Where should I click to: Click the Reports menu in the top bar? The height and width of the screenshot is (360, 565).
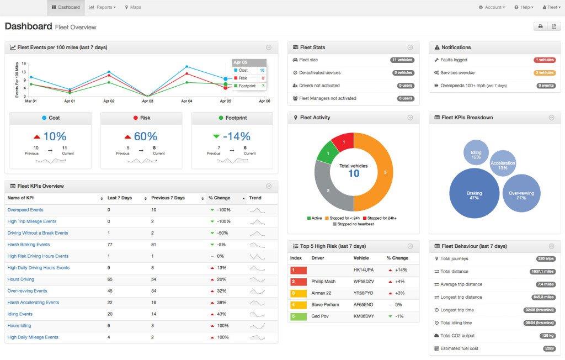pos(103,7)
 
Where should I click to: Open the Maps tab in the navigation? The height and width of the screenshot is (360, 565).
pos(133,7)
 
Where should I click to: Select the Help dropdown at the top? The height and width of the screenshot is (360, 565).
pos(523,7)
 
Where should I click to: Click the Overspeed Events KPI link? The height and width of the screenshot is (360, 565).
pos(25,210)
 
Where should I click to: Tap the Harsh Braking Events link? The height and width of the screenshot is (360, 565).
pos(29,245)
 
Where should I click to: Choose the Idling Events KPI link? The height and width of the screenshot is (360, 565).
pos(20,314)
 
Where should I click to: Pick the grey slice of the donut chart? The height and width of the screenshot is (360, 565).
pos(327,190)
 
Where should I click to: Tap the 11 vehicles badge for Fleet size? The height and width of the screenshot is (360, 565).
pos(402,60)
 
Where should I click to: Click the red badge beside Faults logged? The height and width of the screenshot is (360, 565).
pos(544,60)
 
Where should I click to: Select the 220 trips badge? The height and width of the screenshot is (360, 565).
pos(545,258)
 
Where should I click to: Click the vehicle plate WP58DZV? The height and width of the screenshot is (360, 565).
pos(364,282)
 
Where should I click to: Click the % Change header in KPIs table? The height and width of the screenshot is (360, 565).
pos(219,198)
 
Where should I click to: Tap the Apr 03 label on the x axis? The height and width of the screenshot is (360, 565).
pos(147,102)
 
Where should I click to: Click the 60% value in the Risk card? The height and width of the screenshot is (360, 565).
pos(145,136)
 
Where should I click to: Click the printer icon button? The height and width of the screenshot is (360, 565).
pos(540,26)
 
